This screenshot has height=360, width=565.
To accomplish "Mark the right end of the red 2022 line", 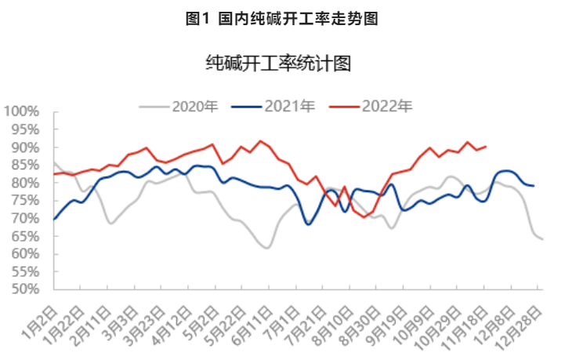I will pos(486,147).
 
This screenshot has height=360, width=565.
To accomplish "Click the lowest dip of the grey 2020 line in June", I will pos(267,248).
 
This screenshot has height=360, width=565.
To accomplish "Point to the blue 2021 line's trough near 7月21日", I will pos(308,224).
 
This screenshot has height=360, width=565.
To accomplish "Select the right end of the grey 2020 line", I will pos(542,239).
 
